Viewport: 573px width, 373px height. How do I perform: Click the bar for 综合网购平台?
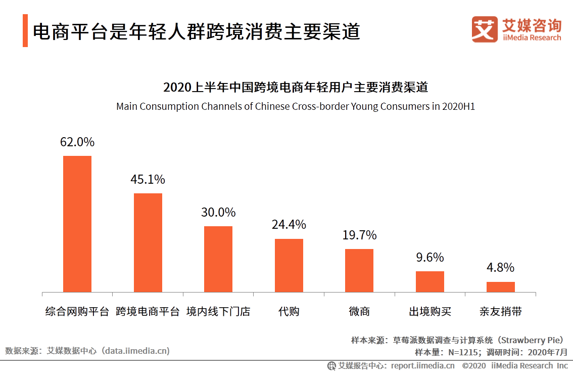[77, 224]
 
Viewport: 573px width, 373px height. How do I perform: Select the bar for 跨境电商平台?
[148, 242]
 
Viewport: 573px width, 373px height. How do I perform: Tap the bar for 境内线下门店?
[218, 259]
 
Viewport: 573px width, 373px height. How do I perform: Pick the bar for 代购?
[289, 265]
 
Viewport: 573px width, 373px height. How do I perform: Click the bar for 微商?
[359, 270]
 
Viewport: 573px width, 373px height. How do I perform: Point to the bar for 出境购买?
[429, 281]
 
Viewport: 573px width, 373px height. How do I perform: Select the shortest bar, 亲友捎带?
[500, 287]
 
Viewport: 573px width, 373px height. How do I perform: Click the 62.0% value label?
[77, 142]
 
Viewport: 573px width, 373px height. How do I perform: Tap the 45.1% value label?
[148, 180]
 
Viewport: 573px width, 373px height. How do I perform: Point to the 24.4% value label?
[289, 225]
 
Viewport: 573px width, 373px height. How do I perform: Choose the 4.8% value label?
[500, 268]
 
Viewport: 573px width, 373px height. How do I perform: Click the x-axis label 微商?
[359, 311]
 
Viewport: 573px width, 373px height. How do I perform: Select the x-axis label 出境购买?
[429, 311]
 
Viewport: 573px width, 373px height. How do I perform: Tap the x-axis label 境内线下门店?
[218, 311]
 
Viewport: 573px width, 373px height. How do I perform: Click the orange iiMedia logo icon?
[485, 29]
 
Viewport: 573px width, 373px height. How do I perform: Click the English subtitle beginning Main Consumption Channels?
[296, 107]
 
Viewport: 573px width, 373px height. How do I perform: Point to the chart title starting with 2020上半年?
[296, 87]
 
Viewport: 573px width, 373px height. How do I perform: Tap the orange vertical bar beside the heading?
[25, 31]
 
